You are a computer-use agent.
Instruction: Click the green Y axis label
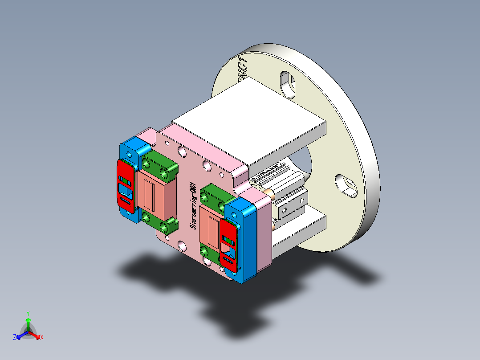(x=28, y=313)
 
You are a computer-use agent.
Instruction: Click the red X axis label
(x=42, y=338)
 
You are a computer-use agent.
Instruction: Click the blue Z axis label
(x=15, y=338)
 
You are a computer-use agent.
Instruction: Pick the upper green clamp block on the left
(x=159, y=164)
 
